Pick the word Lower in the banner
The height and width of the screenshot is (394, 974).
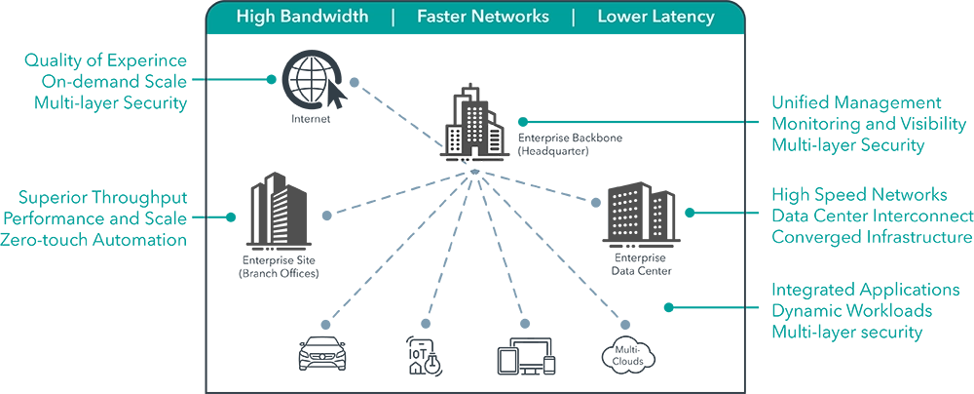(x=621, y=17)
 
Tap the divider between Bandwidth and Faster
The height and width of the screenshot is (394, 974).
(x=393, y=17)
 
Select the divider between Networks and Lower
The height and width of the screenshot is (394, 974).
(x=573, y=17)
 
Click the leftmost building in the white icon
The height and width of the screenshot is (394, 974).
(x=455, y=140)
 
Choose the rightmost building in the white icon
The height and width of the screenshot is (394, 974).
(x=495, y=139)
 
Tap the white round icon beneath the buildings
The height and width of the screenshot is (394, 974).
(x=474, y=173)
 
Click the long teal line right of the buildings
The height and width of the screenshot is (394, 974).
(x=628, y=124)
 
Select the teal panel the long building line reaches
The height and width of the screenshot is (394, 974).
(x=872, y=124)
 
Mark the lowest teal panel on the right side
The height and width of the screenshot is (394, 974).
(x=872, y=312)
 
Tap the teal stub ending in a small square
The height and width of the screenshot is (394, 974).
(x=243, y=80)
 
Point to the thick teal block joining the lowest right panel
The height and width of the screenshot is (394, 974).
(x=701, y=308)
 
